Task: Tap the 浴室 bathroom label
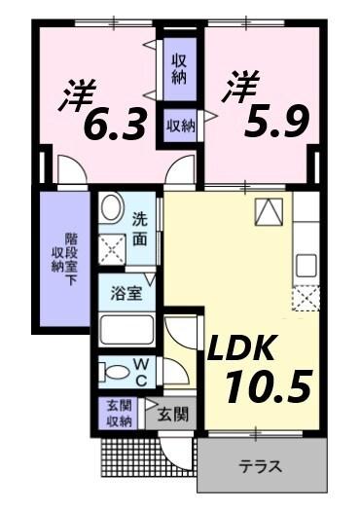tap(127, 293)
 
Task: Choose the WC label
tap(140, 373)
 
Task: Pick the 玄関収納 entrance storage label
tap(119, 414)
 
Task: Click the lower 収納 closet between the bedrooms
tap(180, 125)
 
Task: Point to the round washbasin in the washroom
tap(112, 206)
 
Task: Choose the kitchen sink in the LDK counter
tap(306, 263)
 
